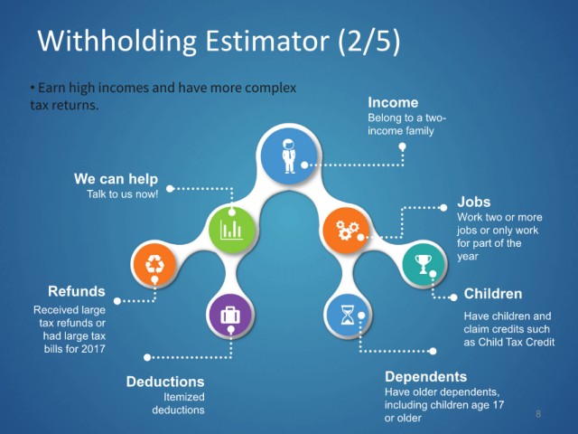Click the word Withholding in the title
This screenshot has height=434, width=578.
(x=117, y=42)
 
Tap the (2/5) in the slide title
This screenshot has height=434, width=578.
(x=369, y=41)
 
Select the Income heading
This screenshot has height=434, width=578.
(x=393, y=102)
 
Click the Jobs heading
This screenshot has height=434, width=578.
(x=473, y=202)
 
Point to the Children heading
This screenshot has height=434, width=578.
(x=493, y=294)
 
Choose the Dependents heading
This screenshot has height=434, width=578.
(x=425, y=377)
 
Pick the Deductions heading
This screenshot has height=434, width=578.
(x=165, y=382)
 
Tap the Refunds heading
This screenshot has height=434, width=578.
(x=77, y=291)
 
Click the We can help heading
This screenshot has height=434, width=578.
(x=116, y=179)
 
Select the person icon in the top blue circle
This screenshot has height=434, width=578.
(x=289, y=156)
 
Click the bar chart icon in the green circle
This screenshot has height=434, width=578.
(x=231, y=230)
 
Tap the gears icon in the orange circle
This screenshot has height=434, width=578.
(x=347, y=230)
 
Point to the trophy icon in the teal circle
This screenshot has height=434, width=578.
(x=424, y=264)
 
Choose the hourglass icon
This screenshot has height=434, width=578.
(x=347, y=315)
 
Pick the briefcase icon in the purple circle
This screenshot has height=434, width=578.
(x=230, y=316)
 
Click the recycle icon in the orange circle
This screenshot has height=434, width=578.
(x=154, y=264)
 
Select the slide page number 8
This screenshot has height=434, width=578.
(x=538, y=414)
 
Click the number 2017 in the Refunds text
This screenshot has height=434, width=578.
(x=93, y=349)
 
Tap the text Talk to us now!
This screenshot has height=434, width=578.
(x=123, y=194)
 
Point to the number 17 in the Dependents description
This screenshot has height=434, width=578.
(x=498, y=405)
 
